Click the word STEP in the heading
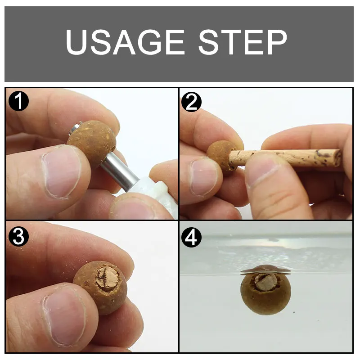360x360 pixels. (243, 43)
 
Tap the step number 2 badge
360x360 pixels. (191, 102)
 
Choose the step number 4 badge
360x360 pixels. (191, 236)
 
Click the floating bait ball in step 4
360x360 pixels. (265, 292)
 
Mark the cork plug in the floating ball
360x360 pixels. (265, 281)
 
